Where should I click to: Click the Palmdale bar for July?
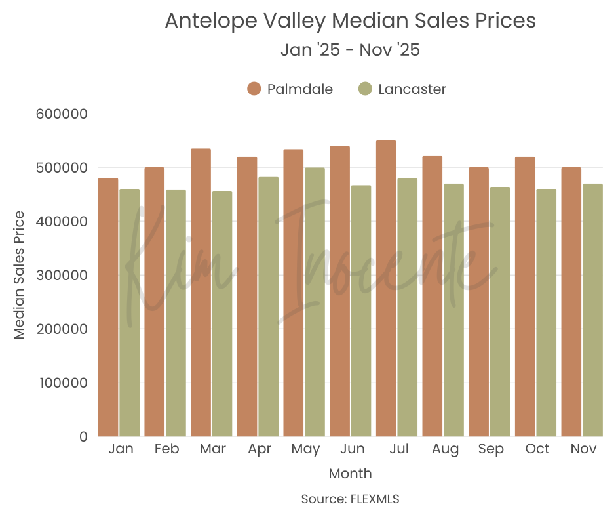pos(386,289)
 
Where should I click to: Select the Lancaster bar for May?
pos(315,302)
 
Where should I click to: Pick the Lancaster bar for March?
pos(222,314)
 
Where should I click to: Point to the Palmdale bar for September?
pos(478,302)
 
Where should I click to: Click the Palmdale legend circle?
pos(254,89)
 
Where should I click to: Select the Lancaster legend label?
pos(412,89)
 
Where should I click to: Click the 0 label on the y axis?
pos(83,437)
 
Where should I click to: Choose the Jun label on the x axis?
pos(353,449)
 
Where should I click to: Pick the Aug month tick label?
pos(446,449)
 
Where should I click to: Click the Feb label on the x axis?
pos(167,449)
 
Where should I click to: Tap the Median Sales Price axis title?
pos(20,275)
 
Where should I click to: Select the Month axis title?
pos(350,474)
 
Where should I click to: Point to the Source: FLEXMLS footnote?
pos(350,499)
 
